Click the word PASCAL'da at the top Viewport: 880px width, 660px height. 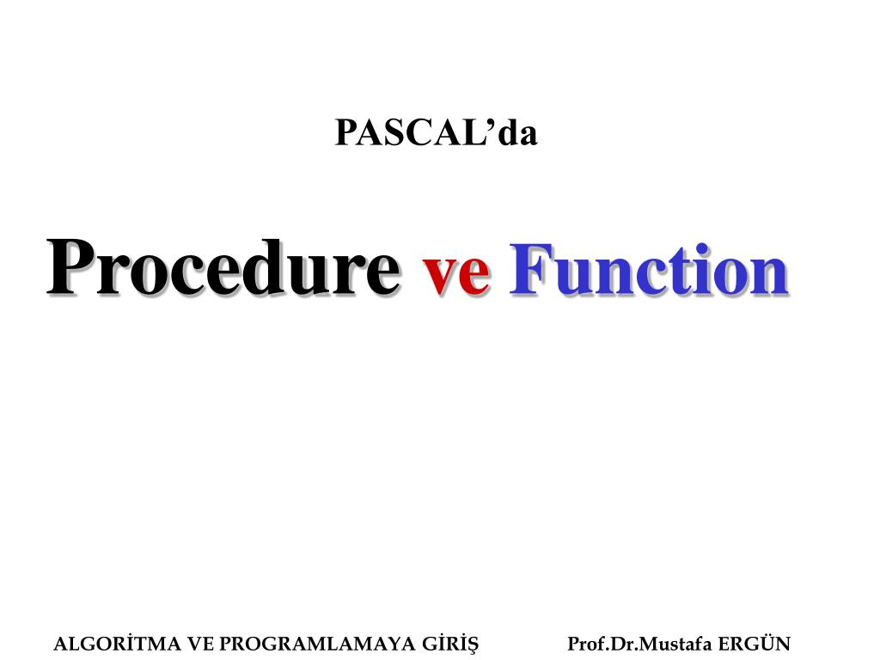436,133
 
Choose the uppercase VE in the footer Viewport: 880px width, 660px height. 199,644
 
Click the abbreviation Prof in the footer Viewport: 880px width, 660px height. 584,644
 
